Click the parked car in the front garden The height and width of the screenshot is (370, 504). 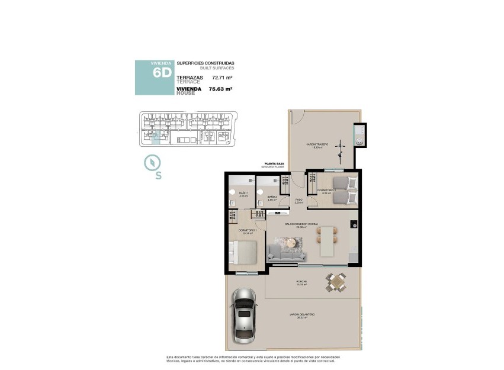point(244,314)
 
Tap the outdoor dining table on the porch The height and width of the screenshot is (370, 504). point(336,283)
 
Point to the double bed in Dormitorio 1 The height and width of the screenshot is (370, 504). point(244,252)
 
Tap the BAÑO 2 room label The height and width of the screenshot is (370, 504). point(272,198)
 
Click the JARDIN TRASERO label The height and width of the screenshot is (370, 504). point(317,145)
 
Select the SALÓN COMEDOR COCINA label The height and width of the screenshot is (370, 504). point(301,224)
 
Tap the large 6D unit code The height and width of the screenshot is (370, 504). point(162,73)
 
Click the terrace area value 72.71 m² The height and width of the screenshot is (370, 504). point(221,78)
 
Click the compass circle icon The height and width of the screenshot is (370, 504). point(152,162)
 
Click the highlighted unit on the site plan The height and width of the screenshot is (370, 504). point(156,139)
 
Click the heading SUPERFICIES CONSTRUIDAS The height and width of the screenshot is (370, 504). point(206,63)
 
